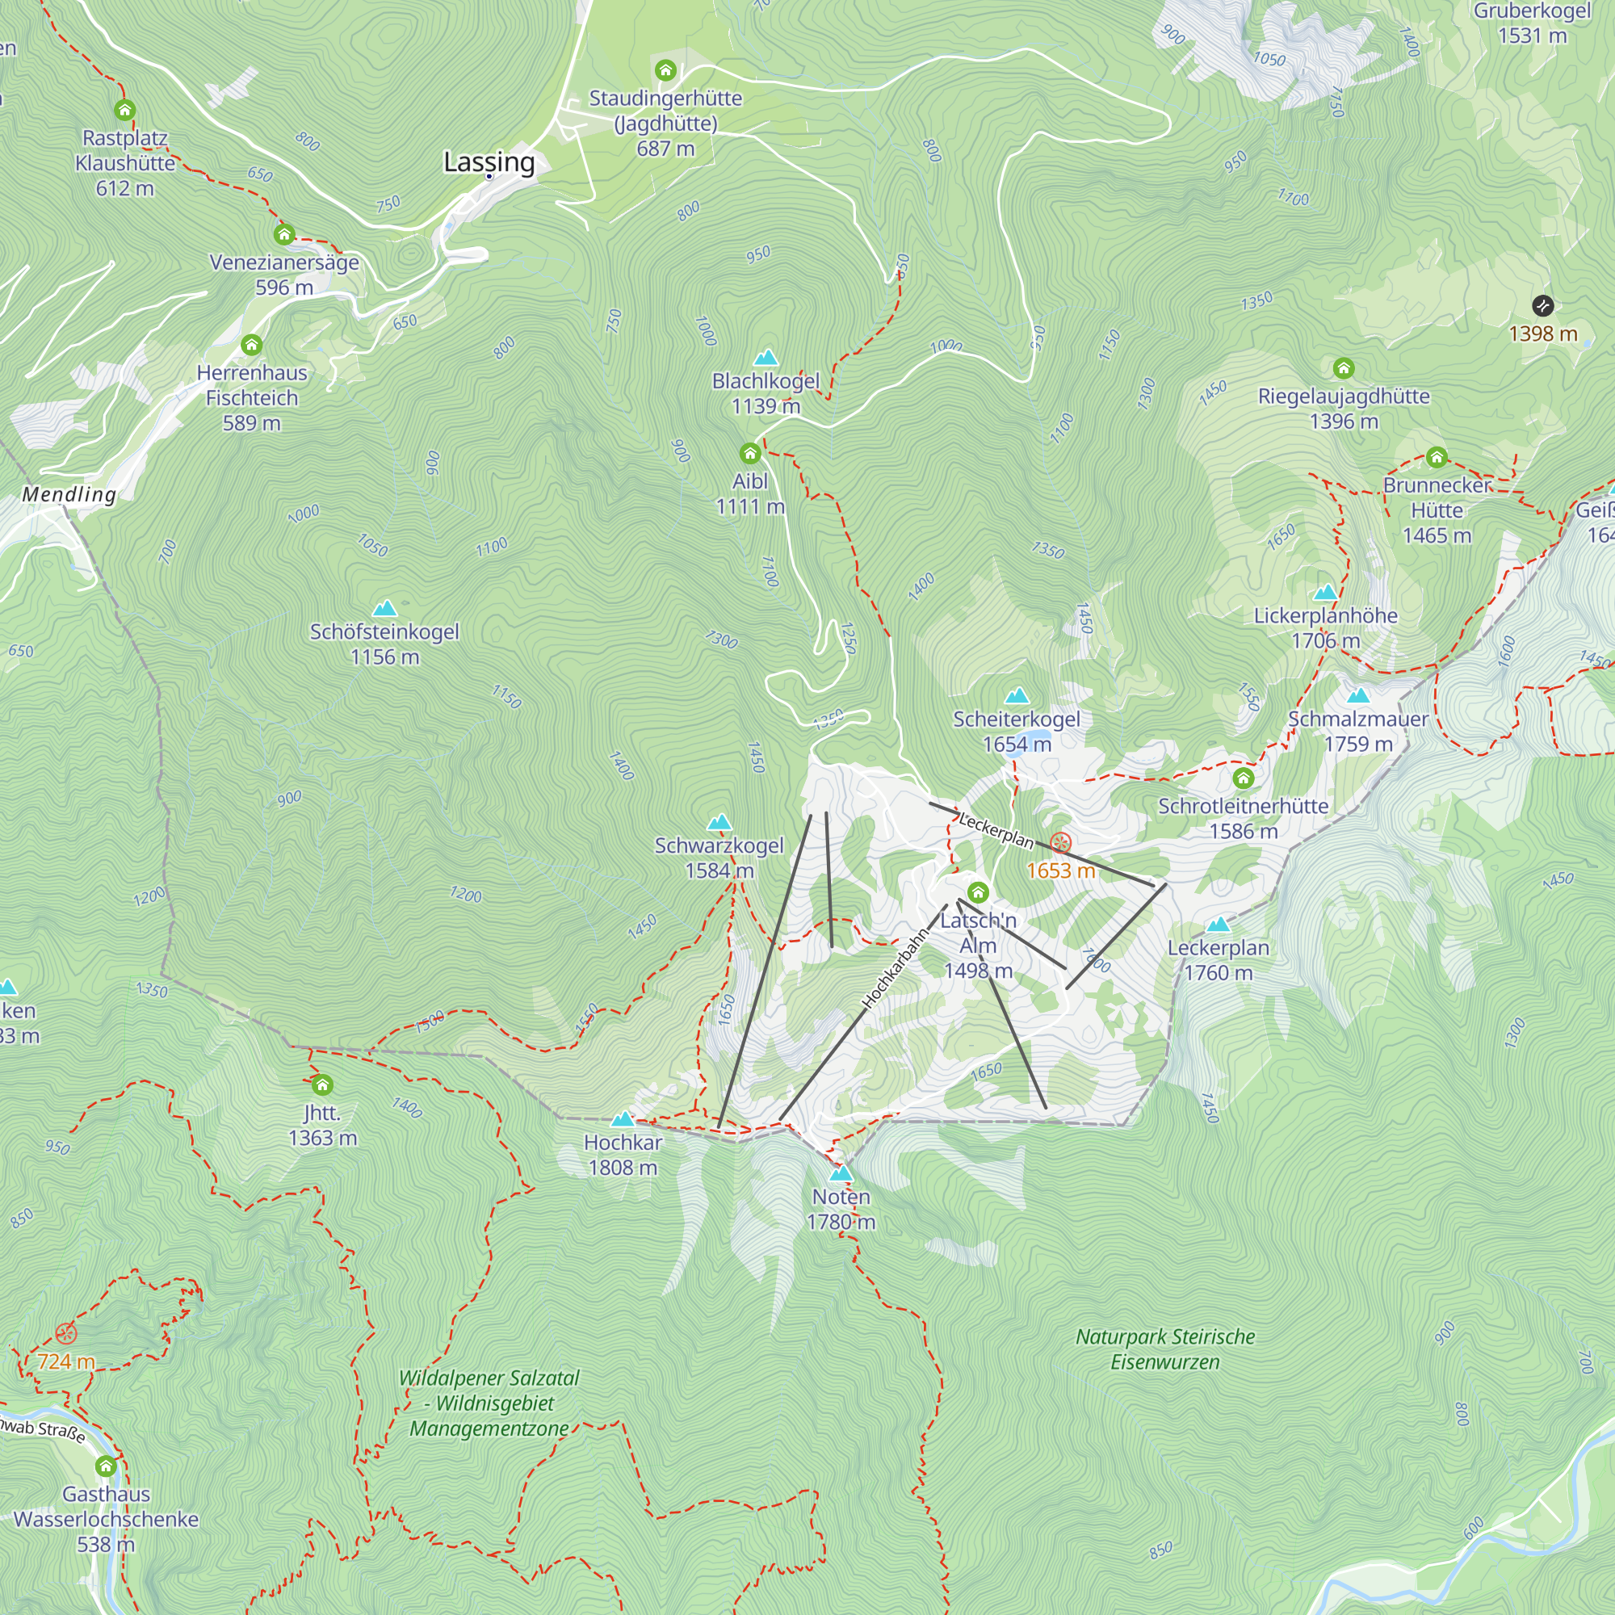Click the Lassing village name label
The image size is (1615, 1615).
point(489,161)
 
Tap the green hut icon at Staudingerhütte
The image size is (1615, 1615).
point(665,70)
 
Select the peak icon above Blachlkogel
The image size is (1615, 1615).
point(766,359)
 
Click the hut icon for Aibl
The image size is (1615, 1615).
point(750,453)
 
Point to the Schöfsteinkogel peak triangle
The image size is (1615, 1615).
point(384,609)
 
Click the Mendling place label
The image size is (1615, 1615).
point(69,494)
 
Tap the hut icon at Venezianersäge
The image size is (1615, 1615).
point(284,234)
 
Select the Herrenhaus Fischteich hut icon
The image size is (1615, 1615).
point(252,345)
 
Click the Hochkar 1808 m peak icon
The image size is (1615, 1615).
point(623,1119)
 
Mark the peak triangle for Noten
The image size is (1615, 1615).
point(841,1173)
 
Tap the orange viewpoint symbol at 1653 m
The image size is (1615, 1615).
point(1061,842)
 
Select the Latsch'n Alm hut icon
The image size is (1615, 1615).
point(978,892)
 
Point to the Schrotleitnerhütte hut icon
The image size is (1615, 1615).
point(1243,778)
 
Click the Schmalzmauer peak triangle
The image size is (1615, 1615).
point(1358,695)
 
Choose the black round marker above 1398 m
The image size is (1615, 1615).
point(1543,306)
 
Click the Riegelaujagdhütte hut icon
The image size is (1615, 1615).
point(1344,367)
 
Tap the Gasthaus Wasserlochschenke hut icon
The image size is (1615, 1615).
point(105,1466)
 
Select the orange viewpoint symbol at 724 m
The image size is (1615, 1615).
point(66,1333)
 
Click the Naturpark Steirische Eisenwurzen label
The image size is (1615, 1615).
point(1164,1349)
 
